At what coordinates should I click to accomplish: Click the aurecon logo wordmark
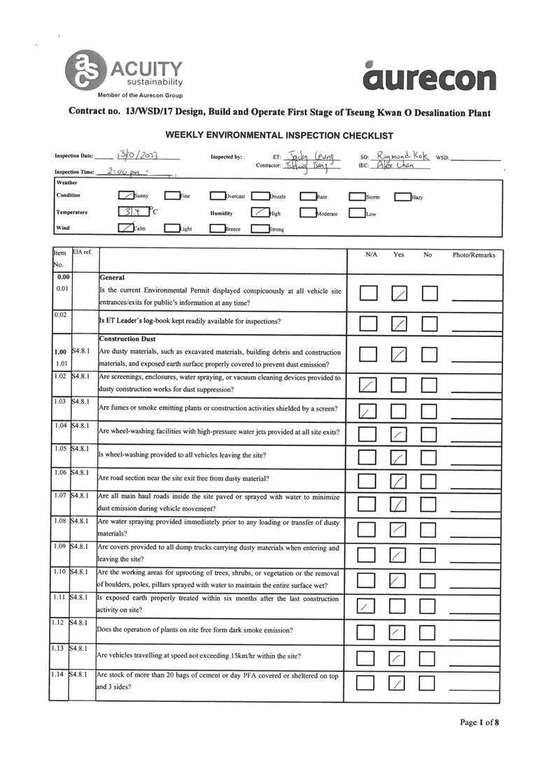(430, 76)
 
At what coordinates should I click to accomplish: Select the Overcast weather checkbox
(218, 196)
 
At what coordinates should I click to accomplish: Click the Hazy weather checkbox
(402, 196)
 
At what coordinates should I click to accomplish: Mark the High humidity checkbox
(260, 213)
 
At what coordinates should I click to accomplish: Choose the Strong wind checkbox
(260, 228)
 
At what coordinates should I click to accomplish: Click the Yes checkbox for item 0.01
(399, 294)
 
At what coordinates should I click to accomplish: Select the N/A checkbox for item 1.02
(367, 385)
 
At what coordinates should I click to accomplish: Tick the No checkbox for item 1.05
(430, 458)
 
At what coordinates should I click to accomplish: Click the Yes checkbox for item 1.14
(399, 684)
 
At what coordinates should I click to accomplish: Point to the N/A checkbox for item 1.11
(367, 606)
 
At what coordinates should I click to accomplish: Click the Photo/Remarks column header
(474, 255)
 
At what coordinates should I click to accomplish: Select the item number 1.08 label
(60, 521)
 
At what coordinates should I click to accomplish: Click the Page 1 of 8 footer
(479, 722)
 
